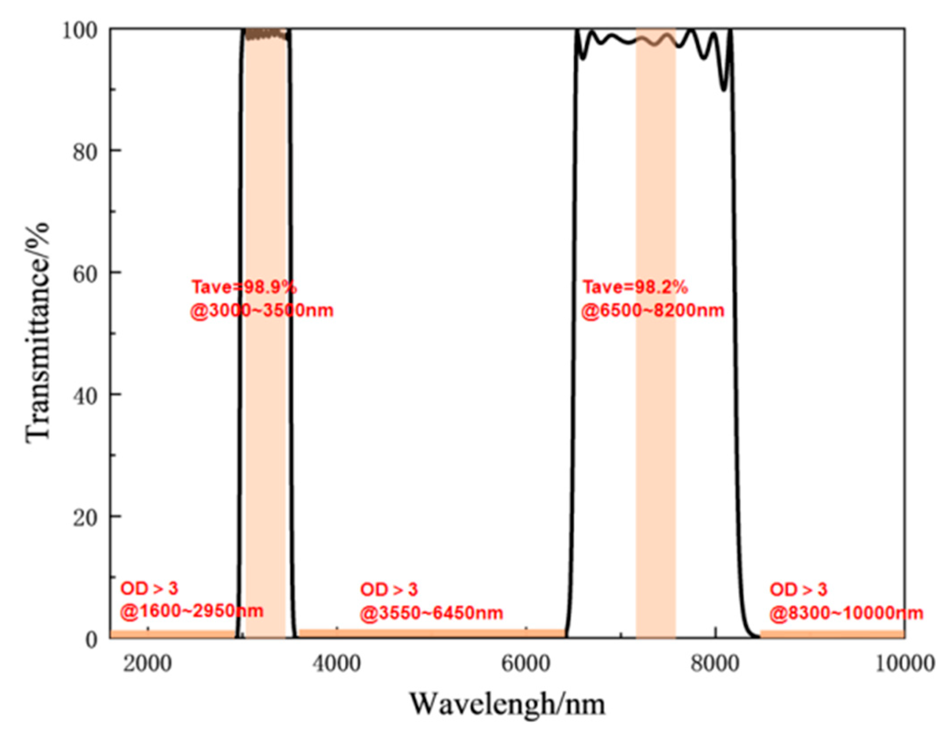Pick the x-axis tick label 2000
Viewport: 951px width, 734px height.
pyautogui.click(x=147, y=664)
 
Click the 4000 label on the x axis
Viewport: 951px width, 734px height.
pyautogui.click(x=337, y=664)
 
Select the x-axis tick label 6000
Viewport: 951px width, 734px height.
pyautogui.click(x=526, y=664)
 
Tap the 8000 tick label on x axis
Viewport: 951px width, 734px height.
pyautogui.click(x=715, y=664)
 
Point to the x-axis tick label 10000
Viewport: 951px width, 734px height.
pyautogui.click(x=904, y=664)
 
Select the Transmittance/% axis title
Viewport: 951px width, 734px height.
pyautogui.click(x=37, y=333)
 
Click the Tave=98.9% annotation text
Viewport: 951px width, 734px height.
pyautogui.click(x=244, y=288)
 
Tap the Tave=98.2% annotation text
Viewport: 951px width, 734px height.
pyautogui.click(x=635, y=288)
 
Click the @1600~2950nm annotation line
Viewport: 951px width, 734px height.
pyautogui.click(x=192, y=611)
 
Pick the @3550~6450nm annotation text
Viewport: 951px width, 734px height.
pyautogui.click(x=431, y=614)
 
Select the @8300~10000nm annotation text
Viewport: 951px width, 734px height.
pyautogui.click(x=847, y=614)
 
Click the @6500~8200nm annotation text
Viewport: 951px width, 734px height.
pyautogui.click(x=653, y=310)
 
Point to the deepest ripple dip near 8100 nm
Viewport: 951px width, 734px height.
pyautogui.click(x=724, y=89)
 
